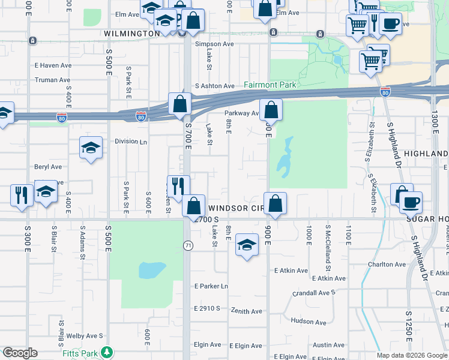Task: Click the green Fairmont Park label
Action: click(270, 85)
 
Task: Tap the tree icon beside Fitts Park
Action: click(107, 352)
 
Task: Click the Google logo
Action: click(19, 353)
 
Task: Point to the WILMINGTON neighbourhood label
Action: click(131, 34)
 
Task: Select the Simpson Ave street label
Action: click(214, 44)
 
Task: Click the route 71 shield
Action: click(188, 245)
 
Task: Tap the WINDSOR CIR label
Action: click(236, 208)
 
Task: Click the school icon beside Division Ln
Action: click(90, 148)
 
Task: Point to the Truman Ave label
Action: click(53, 80)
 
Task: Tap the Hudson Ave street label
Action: click(308, 322)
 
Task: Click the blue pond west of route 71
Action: click(152, 270)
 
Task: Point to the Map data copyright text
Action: click(412, 355)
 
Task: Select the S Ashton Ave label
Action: click(214, 86)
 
